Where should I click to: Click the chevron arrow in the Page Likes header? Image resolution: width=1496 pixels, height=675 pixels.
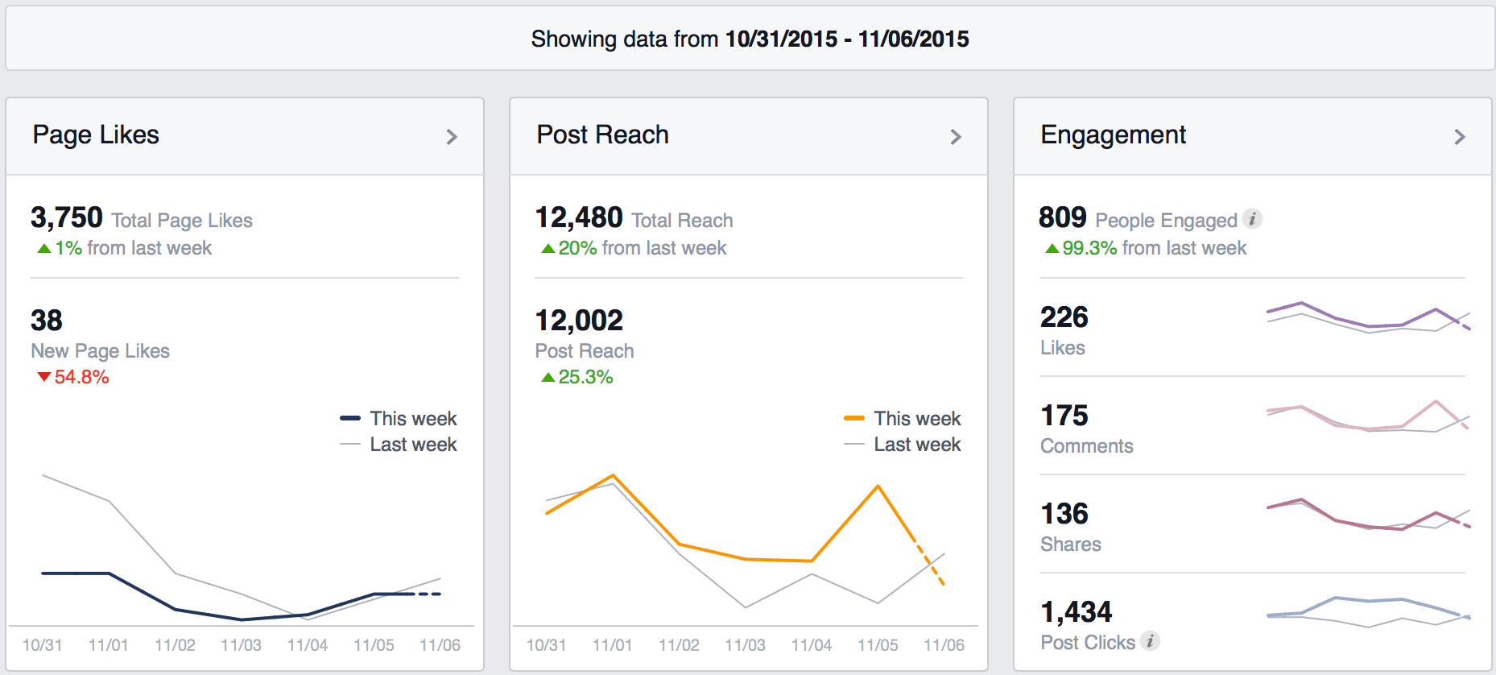pyautogui.click(x=452, y=137)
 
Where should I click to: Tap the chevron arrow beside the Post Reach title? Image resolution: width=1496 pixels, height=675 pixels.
pyautogui.click(x=956, y=137)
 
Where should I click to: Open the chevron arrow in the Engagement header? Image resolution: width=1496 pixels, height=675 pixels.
pyautogui.click(x=1459, y=137)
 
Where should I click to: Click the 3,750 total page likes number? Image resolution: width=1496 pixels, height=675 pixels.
pyautogui.click(x=67, y=217)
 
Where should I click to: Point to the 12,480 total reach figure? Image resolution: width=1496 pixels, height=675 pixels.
pyautogui.click(x=579, y=217)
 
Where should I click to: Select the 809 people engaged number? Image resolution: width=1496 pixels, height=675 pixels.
pyautogui.click(x=1063, y=217)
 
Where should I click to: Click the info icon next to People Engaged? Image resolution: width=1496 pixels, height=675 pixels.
pyautogui.click(x=1252, y=219)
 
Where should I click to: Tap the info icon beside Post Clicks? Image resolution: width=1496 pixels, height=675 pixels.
pyautogui.click(x=1151, y=641)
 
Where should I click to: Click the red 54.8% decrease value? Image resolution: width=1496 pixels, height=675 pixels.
pyautogui.click(x=81, y=377)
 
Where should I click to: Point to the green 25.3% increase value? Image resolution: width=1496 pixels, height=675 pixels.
pyautogui.click(x=585, y=377)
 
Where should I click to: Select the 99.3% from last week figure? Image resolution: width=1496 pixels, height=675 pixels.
pyautogui.click(x=1089, y=248)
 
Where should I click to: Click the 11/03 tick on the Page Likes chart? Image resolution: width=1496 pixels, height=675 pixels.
pyautogui.click(x=241, y=645)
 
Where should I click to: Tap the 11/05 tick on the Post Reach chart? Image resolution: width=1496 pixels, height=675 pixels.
pyautogui.click(x=878, y=645)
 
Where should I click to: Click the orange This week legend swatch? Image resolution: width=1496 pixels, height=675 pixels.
pyautogui.click(x=853, y=418)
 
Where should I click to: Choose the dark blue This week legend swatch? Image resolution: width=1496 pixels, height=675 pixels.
pyautogui.click(x=350, y=418)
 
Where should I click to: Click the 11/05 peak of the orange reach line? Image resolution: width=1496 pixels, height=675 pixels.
pyautogui.click(x=878, y=486)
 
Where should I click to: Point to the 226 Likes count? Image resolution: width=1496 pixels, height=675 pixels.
pyautogui.click(x=1064, y=317)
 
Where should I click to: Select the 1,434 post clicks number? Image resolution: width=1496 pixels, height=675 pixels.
pyautogui.click(x=1077, y=612)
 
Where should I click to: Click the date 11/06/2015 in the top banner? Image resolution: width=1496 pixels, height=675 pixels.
pyautogui.click(x=913, y=39)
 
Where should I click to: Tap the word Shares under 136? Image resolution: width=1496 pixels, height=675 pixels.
pyautogui.click(x=1070, y=545)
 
